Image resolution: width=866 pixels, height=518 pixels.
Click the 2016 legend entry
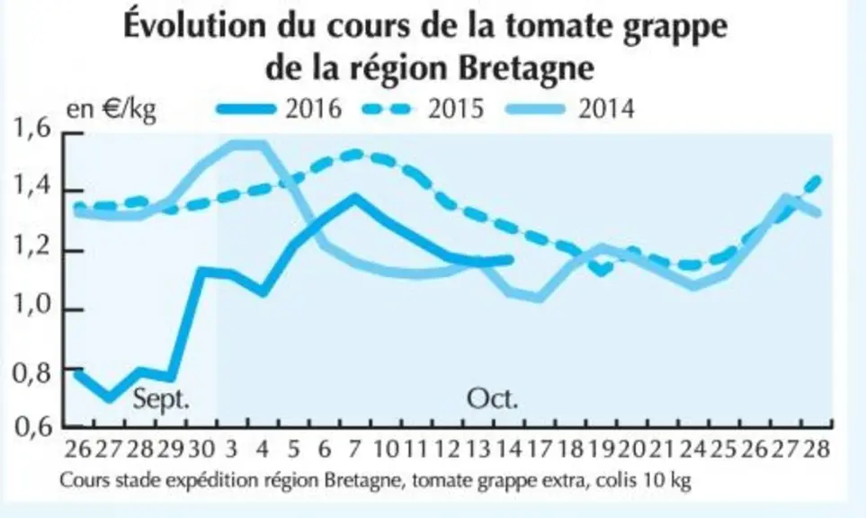(280, 109)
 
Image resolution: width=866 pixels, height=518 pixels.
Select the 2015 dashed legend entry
(423, 109)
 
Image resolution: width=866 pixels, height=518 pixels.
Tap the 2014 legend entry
(570, 109)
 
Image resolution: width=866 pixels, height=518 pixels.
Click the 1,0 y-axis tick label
(32, 307)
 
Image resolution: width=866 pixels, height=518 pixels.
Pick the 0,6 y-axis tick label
(32, 427)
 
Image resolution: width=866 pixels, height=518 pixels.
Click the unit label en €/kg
(111, 109)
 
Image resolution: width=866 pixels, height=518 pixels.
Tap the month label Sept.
(161, 398)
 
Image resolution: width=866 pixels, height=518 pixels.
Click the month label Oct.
(493, 398)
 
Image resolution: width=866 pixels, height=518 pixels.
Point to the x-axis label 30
(201, 449)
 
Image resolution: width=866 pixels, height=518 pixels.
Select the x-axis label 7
(354, 449)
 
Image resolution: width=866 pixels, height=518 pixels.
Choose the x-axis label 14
(508, 449)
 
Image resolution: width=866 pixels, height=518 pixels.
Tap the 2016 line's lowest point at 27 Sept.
(110, 397)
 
